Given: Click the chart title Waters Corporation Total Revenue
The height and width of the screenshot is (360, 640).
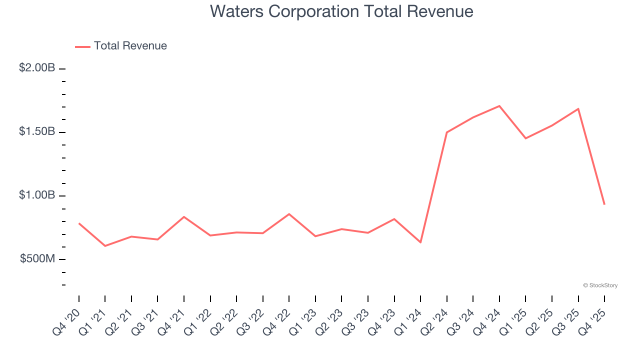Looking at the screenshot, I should pos(341,11).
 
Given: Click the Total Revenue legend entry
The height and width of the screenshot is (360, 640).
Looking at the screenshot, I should pos(121,46).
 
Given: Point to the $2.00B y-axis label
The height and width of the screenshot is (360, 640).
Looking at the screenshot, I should pos(37,68).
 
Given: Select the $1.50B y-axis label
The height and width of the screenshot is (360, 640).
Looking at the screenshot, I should pos(37,131).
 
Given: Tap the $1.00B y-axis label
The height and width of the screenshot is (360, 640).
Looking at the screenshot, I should pos(37,195).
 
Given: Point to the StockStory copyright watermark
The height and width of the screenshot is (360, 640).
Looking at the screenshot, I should pos(600,285).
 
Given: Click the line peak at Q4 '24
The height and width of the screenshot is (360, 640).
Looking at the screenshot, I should pos(499,106).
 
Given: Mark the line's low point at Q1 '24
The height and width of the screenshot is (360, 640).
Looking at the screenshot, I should pos(420,242).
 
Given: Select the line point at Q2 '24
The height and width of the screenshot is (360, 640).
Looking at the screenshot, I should pos(447,132).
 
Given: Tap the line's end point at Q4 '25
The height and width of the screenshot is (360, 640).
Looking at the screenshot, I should pos(604,204).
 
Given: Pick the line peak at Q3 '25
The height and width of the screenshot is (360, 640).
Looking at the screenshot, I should pos(578,108).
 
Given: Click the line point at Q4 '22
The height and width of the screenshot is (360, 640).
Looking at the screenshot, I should pos(289,214).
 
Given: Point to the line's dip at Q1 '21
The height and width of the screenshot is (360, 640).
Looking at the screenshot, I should pos(105,246).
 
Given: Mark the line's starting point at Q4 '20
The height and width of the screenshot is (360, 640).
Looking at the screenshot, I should pos(79,223).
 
